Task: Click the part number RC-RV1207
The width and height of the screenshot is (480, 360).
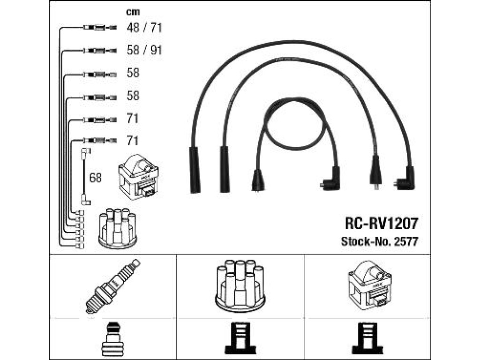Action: (381, 223)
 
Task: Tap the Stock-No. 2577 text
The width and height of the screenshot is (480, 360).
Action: (380, 241)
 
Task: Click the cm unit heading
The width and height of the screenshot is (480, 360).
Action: (133, 12)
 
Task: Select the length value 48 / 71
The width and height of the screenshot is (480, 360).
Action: (144, 28)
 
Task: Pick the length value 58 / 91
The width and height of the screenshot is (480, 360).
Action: (144, 50)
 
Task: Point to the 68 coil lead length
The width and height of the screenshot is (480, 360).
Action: (95, 178)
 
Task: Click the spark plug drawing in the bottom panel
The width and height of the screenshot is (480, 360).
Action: (112, 286)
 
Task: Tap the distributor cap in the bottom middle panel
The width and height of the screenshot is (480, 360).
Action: (240, 286)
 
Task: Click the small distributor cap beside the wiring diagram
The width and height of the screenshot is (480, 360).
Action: (118, 228)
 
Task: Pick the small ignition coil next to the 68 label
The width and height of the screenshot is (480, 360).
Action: (138, 177)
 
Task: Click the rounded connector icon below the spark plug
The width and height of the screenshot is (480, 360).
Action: (112, 338)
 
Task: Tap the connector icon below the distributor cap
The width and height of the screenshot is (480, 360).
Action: (240, 339)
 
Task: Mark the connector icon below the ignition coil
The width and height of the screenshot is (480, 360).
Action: (367, 339)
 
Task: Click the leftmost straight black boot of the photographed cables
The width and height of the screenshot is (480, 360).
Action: (195, 170)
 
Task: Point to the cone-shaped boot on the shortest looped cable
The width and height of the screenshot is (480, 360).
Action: (258, 181)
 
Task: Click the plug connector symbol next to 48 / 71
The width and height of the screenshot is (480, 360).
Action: (100, 28)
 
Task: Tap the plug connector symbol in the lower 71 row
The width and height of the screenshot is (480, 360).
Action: (100, 141)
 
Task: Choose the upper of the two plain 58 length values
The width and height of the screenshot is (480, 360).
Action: (133, 73)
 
